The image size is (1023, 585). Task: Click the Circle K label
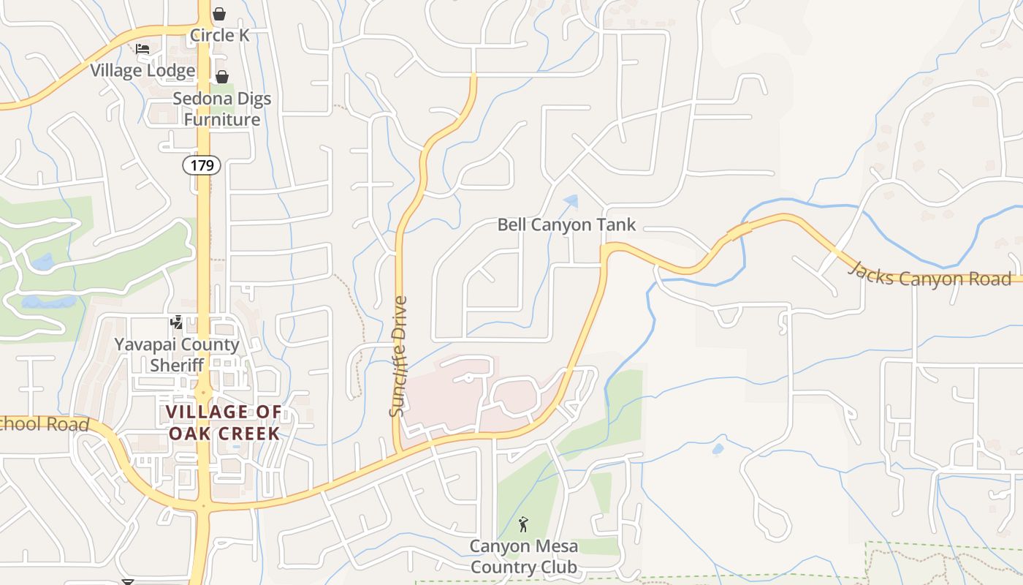tap(220, 35)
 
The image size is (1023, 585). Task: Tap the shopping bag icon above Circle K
tap(219, 14)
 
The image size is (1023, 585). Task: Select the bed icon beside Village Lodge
tap(142, 49)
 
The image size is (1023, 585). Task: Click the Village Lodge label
tap(142, 70)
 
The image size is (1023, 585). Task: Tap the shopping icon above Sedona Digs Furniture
tap(222, 77)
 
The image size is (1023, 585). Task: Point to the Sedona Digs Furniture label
tap(222, 109)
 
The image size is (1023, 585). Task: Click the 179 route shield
tap(202, 165)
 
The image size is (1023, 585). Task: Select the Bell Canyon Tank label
tap(567, 224)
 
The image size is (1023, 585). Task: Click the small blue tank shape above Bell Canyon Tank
tap(571, 200)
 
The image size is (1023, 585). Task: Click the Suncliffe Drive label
tap(398, 356)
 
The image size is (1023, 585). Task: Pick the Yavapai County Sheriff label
tap(177, 355)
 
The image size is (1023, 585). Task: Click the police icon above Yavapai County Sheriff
tap(176, 322)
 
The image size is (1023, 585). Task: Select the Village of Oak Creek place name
tap(224, 423)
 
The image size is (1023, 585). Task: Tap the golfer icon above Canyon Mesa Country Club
tap(522, 524)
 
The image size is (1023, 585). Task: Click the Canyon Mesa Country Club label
tap(523, 556)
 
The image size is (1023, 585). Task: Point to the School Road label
tap(44, 424)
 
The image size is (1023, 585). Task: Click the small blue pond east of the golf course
tap(718, 448)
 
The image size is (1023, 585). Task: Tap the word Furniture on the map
tap(222, 119)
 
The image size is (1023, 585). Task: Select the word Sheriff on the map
tap(177, 365)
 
